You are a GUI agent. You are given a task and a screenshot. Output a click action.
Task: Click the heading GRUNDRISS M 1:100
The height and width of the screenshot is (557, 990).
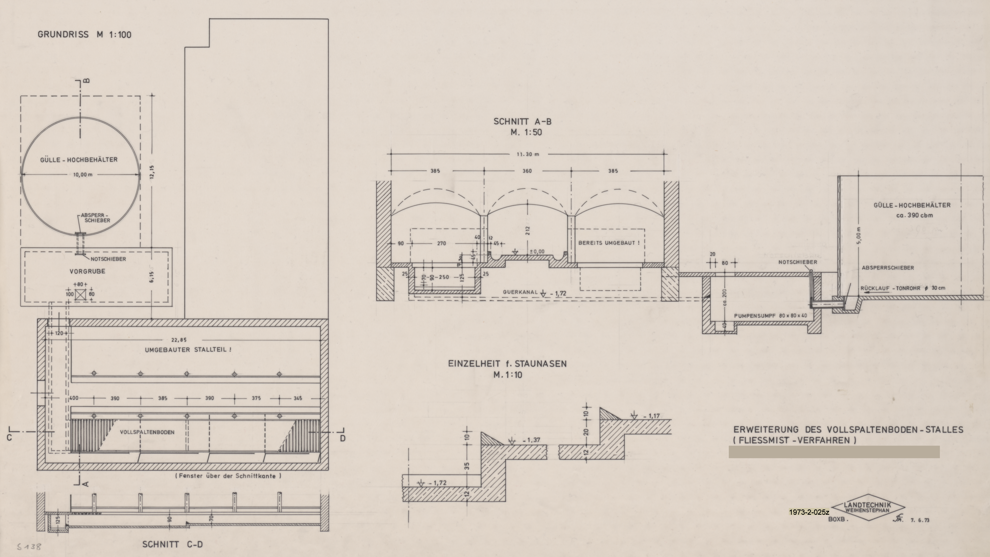click(85, 35)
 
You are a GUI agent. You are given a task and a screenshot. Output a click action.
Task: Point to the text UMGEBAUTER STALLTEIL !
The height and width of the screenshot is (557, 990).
click(188, 350)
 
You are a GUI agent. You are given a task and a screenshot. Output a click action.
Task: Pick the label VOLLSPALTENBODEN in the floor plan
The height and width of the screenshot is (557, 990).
click(147, 432)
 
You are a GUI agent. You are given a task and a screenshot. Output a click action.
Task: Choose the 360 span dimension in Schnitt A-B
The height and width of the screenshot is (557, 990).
click(527, 171)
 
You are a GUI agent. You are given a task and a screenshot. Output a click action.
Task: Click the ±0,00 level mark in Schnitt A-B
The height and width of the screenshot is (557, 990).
click(537, 252)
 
